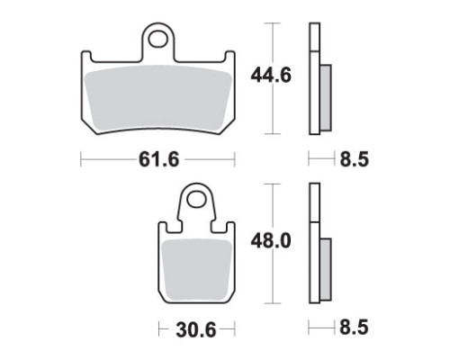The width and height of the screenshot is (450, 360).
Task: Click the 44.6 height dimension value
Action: (x=271, y=76)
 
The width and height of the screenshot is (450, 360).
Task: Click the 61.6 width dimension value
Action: (x=158, y=159)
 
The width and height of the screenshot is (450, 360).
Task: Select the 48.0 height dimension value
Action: (x=271, y=241)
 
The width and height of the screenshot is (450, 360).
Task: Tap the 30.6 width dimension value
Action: (x=196, y=330)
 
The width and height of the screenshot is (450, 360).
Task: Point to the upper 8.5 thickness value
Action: (x=354, y=159)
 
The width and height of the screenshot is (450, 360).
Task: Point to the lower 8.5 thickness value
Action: (x=354, y=327)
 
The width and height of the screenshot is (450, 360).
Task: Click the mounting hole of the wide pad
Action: (x=157, y=40)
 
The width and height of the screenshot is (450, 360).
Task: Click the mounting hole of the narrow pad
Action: (x=196, y=199)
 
